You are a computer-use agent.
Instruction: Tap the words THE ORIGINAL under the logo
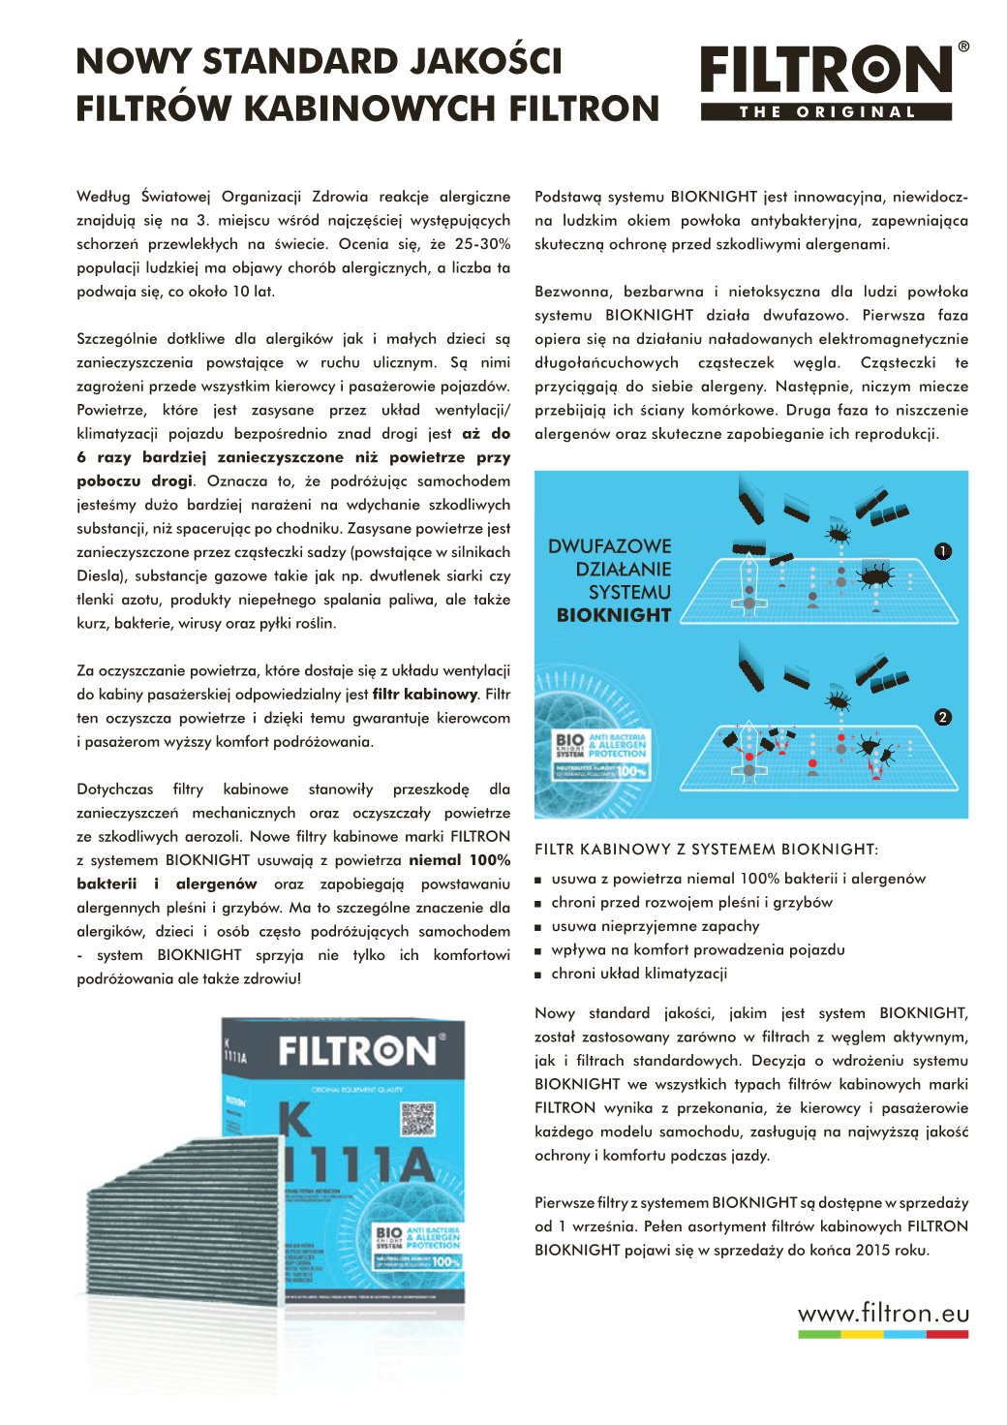click(x=827, y=112)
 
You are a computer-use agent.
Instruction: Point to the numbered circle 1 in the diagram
click(x=943, y=551)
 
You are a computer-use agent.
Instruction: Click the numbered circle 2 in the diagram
click(x=943, y=718)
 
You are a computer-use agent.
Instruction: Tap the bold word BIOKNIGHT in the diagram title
click(x=614, y=615)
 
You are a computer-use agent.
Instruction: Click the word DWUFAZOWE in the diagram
click(x=609, y=546)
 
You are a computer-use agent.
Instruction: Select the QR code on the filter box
click(x=418, y=1119)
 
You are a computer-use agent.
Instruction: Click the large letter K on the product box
click(x=295, y=1121)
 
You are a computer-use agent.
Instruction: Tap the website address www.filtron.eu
click(x=883, y=1314)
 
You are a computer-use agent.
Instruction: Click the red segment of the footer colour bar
click(x=947, y=1335)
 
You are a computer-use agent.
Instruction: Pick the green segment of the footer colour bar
click(x=819, y=1335)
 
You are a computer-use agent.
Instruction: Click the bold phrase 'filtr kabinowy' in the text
click(x=424, y=695)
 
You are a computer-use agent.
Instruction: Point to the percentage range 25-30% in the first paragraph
click(x=482, y=244)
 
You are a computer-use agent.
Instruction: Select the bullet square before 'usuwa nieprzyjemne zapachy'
click(x=538, y=927)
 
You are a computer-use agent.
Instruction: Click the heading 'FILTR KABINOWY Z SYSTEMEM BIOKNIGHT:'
click(x=706, y=850)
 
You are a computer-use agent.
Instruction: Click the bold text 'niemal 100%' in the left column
click(x=459, y=860)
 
